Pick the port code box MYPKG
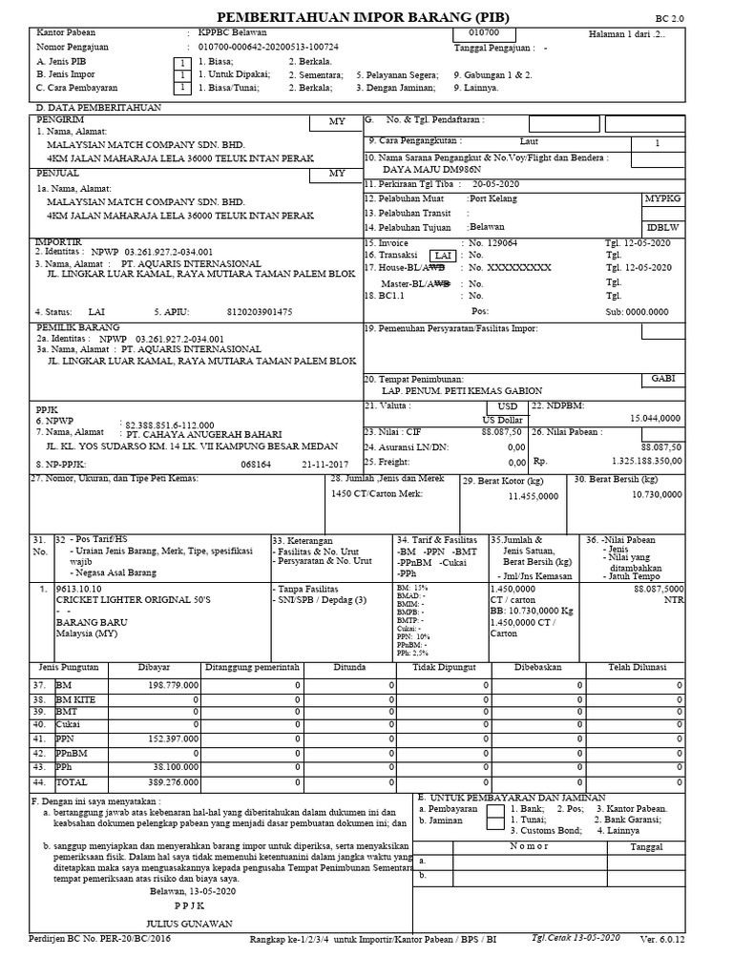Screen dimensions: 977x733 (x=662, y=200)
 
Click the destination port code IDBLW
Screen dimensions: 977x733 (x=663, y=229)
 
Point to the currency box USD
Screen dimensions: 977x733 (x=506, y=405)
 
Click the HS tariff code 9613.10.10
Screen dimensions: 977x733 (x=78, y=589)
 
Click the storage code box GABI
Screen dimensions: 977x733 (x=662, y=379)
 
